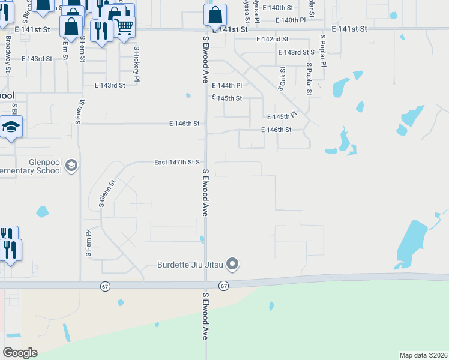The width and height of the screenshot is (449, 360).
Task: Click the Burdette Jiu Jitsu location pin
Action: point(233,264)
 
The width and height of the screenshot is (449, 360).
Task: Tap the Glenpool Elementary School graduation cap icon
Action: point(71,165)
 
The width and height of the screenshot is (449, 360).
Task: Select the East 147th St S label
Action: point(176,163)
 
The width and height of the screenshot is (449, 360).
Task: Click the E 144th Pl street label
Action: point(226,86)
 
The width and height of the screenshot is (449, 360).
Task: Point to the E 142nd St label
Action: point(272,39)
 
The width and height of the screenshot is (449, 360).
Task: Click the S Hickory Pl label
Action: point(137,64)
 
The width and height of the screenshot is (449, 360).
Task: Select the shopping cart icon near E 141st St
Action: point(124,26)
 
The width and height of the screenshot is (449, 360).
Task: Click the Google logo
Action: point(20,353)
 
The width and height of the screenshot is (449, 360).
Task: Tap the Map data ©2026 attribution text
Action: point(424,355)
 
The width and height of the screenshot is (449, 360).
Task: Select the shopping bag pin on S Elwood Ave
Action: point(215,15)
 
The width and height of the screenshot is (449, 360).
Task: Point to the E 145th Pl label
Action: point(282,115)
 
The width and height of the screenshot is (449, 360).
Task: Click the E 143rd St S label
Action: point(296,52)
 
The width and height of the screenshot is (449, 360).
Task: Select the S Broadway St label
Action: point(8,54)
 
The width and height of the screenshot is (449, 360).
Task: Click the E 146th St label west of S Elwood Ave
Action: point(184,124)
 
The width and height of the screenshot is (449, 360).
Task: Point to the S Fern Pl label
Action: point(88,244)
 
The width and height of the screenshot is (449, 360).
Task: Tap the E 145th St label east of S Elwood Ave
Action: point(226,98)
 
